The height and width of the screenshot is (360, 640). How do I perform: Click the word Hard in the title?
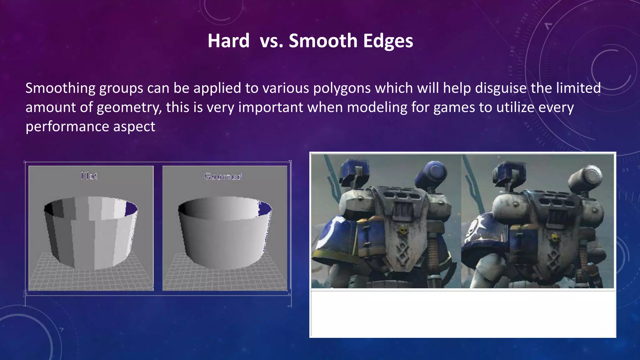tap(228, 41)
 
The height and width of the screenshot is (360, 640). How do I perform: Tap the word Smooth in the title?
tap(323, 41)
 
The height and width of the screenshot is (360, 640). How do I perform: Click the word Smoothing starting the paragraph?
tap(60, 88)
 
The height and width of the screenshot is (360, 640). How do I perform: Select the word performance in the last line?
tap(67, 127)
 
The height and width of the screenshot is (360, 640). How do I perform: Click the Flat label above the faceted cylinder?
tap(89, 176)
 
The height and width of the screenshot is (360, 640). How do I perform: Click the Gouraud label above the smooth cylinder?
tap(223, 177)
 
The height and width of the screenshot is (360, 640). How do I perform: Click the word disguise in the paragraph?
tap(501, 88)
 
